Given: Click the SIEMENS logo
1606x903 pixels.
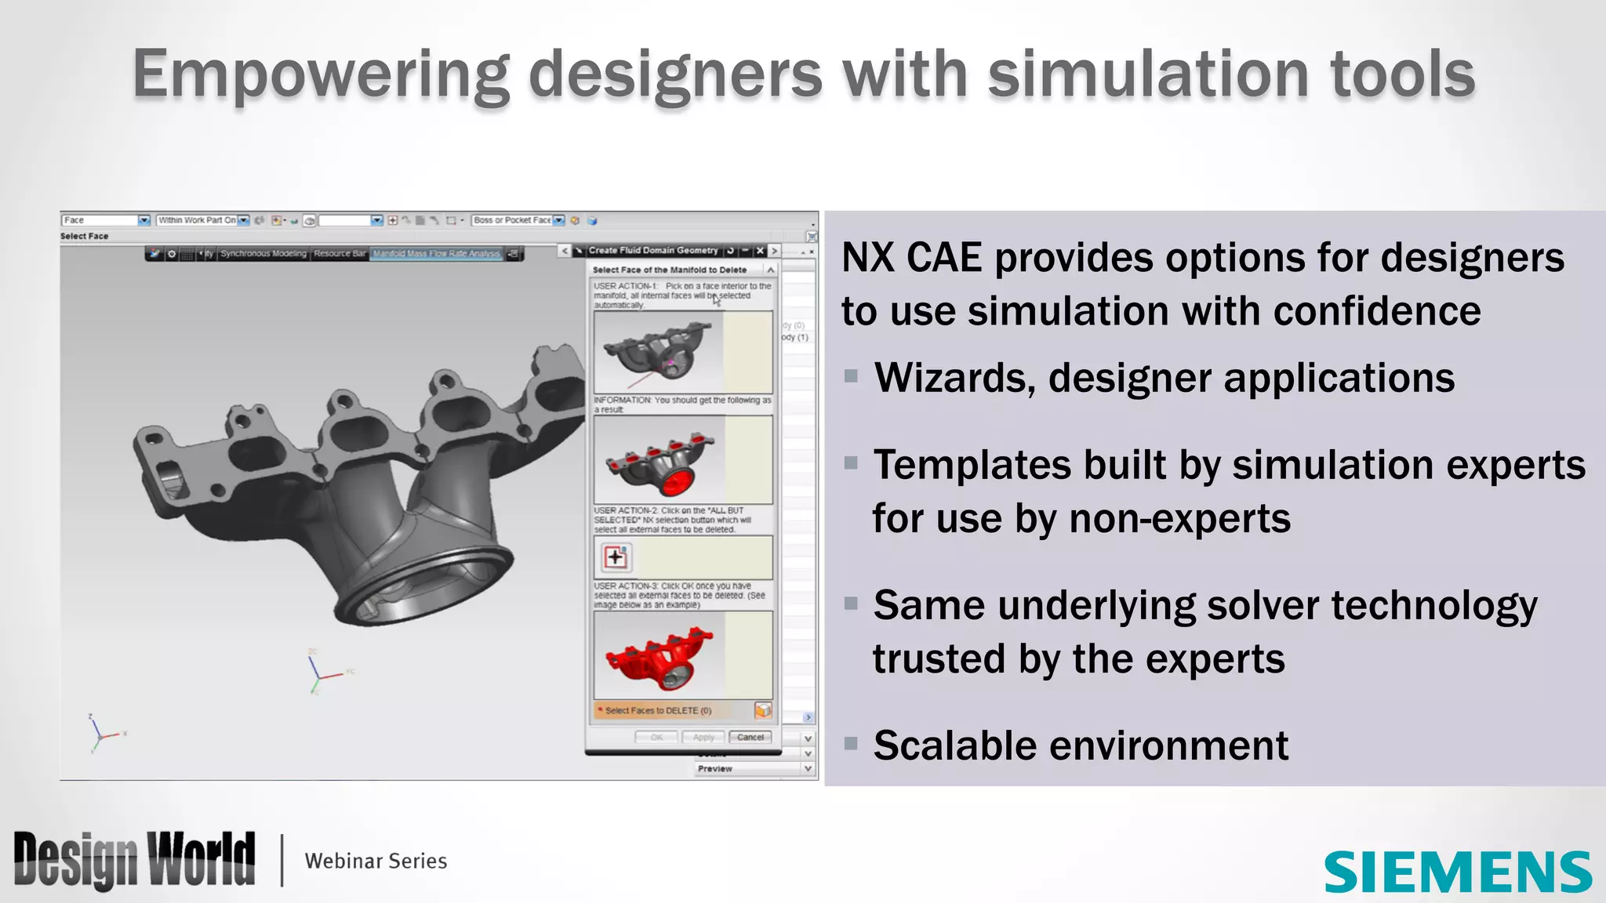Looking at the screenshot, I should [x=1457, y=872].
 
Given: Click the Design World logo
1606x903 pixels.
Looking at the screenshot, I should [x=134, y=860].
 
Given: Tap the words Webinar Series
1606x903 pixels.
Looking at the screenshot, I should [x=376, y=861].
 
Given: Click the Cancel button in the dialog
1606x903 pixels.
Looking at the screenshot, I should [x=750, y=737].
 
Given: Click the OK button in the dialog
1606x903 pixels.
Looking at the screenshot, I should [x=656, y=737].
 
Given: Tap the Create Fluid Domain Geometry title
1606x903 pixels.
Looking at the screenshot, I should [x=652, y=251].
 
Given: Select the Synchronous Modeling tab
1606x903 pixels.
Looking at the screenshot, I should [x=263, y=254].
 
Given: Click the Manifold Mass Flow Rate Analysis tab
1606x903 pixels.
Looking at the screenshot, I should [x=436, y=254].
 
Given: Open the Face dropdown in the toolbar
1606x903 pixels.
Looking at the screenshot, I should [x=144, y=220].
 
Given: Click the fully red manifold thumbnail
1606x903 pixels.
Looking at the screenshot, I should [x=659, y=655].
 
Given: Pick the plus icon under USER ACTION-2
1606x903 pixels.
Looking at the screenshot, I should [x=616, y=557].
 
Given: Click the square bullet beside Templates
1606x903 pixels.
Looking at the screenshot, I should [x=851, y=463].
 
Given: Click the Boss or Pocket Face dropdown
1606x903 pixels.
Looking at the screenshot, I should [x=558, y=220].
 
